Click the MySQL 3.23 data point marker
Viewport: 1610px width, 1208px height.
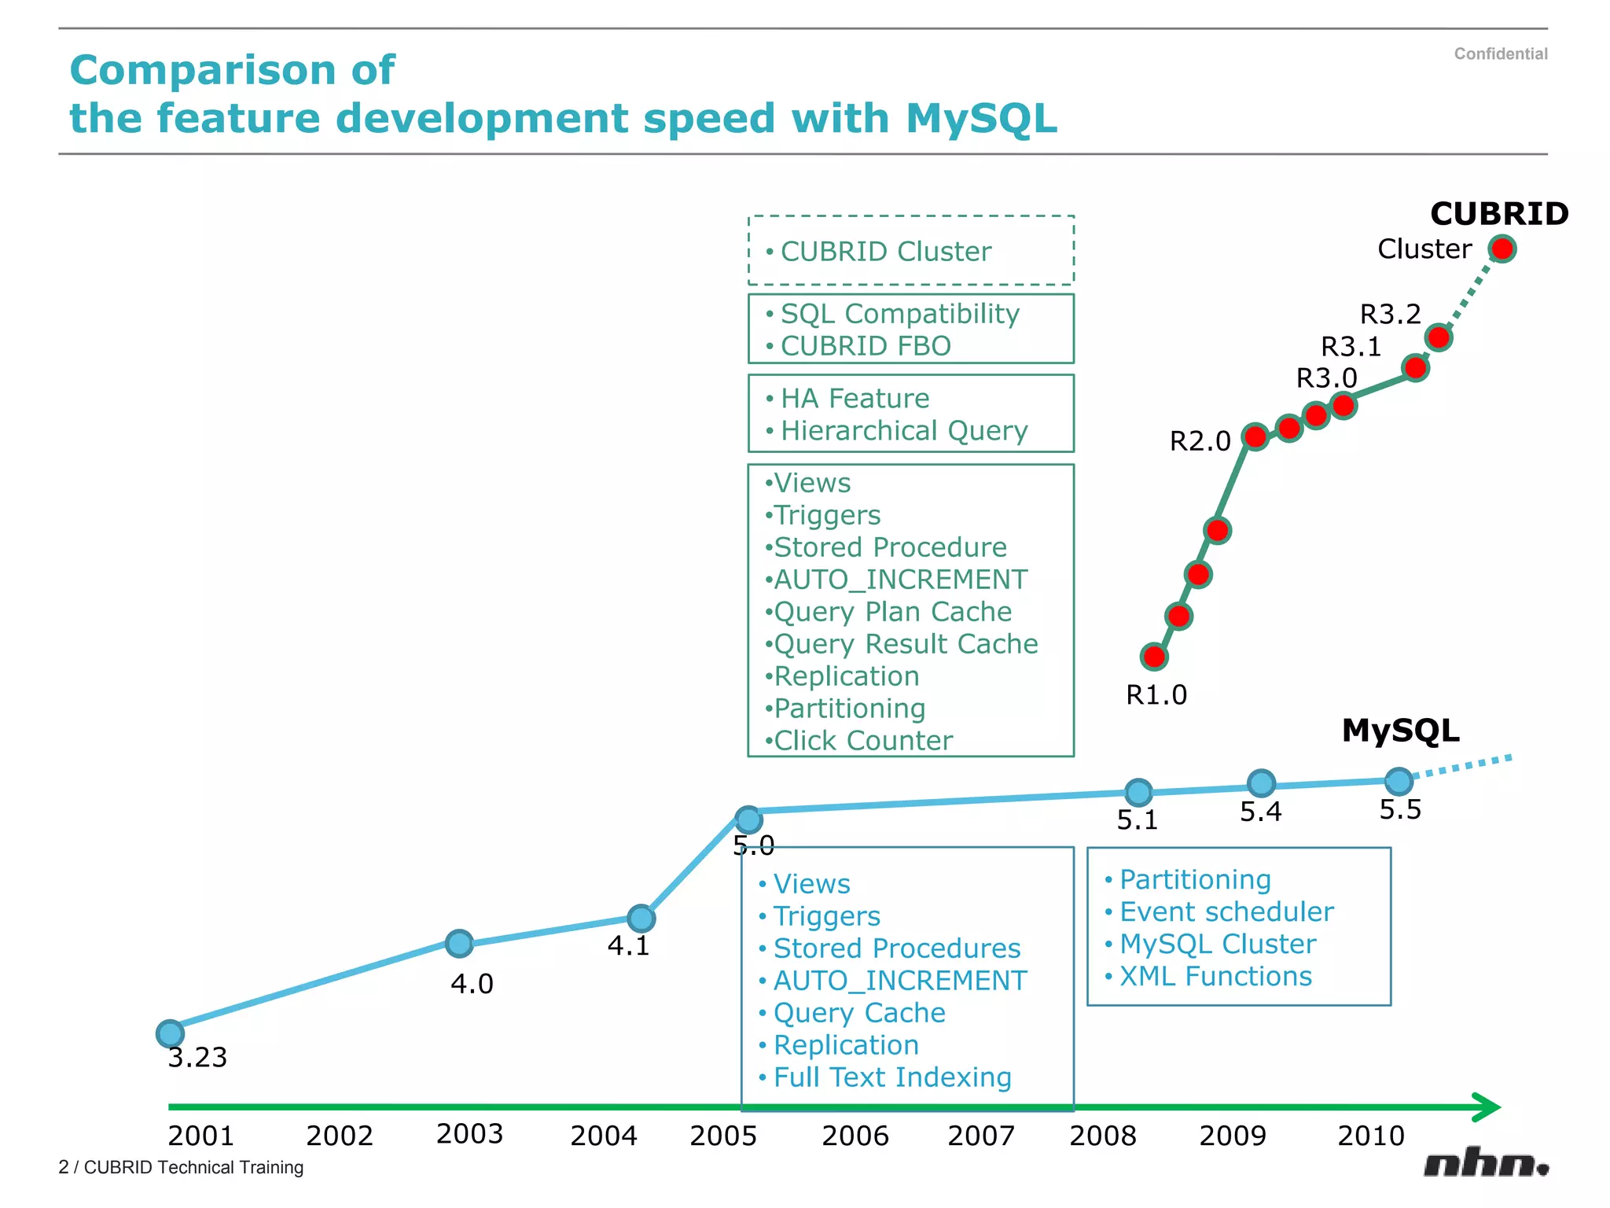pyautogui.click(x=170, y=1033)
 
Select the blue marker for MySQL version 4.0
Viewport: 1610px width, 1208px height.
pyautogui.click(x=459, y=943)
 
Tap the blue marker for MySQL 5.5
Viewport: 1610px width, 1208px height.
pyautogui.click(x=1399, y=781)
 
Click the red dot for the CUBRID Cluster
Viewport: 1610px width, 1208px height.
pyautogui.click(x=1502, y=249)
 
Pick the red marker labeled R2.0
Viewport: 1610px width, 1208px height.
pyautogui.click(x=1255, y=436)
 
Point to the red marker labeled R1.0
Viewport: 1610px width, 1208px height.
pyautogui.click(x=1154, y=656)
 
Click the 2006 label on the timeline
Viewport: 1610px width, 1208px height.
pyautogui.click(x=855, y=1136)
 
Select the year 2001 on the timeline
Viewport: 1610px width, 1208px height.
pyautogui.click(x=200, y=1136)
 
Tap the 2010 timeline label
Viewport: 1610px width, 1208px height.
pyautogui.click(x=1370, y=1136)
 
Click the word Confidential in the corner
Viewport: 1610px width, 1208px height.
pyautogui.click(x=1500, y=53)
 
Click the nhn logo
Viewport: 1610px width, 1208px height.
pyautogui.click(x=1485, y=1163)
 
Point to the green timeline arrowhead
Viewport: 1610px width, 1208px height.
pyautogui.click(x=1487, y=1107)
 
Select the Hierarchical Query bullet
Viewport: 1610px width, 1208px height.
pyautogui.click(x=903, y=431)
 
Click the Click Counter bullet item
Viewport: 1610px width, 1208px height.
pyautogui.click(x=862, y=741)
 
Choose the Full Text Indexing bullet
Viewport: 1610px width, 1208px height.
pyautogui.click(x=891, y=1077)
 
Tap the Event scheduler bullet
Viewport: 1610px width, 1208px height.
pyautogui.click(x=1226, y=912)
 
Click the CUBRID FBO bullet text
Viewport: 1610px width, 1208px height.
pyautogui.click(x=865, y=346)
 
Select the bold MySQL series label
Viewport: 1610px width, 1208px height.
pyautogui.click(x=1400, y=731)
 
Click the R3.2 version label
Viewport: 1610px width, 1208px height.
pyautogui.click(x=1390, y=315)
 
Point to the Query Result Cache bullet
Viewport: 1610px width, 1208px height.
pyautogui.click(x=906, y=644)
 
